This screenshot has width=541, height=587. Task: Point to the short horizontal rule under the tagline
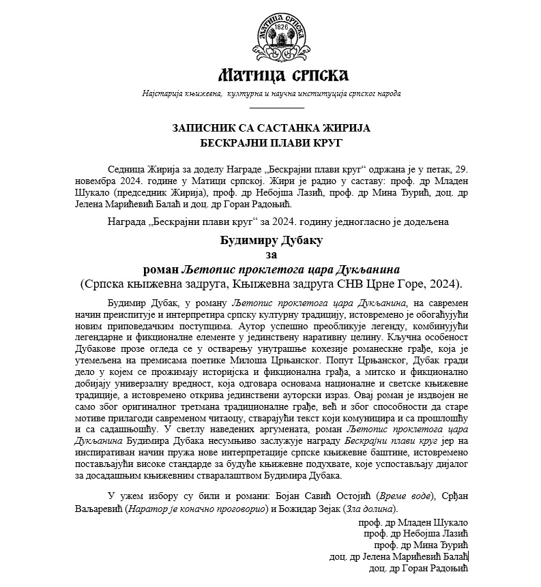tap(277, 108)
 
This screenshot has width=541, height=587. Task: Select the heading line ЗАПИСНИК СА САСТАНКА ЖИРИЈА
tap(271, 127)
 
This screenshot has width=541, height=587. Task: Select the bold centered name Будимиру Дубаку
tap(271, 240)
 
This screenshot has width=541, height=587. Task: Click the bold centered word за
tap(271, 254)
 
